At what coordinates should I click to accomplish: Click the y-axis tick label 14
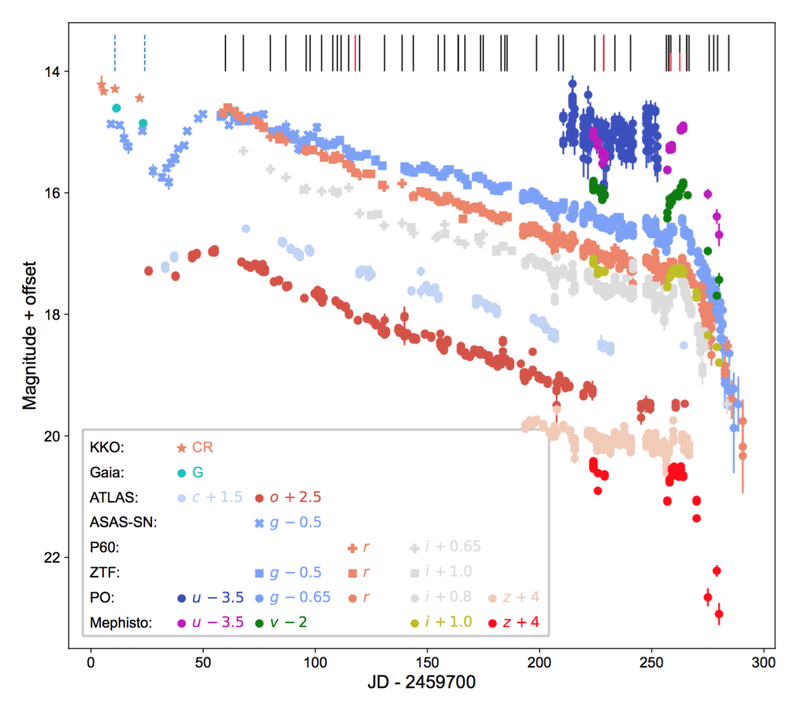coord(52,71)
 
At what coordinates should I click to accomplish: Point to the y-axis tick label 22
coord(52,557)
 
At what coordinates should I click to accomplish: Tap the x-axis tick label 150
coord(427,663)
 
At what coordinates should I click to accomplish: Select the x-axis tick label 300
coord(763,663)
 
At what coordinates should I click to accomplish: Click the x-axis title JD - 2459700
coord(421,682)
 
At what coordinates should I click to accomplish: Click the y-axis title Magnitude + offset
coord(30,335)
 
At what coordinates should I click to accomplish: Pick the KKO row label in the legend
coord(107,447)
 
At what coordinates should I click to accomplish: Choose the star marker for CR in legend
coord(181,448)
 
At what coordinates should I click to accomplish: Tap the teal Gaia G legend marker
coord(181,473)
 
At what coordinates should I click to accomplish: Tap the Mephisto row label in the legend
coord(120,623)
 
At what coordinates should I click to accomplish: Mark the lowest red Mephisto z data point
coord(719,614)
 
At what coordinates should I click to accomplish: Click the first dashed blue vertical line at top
coord(115,53)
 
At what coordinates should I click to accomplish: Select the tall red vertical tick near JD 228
coord(603,53)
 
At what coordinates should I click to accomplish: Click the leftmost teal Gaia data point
coord(116,108)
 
